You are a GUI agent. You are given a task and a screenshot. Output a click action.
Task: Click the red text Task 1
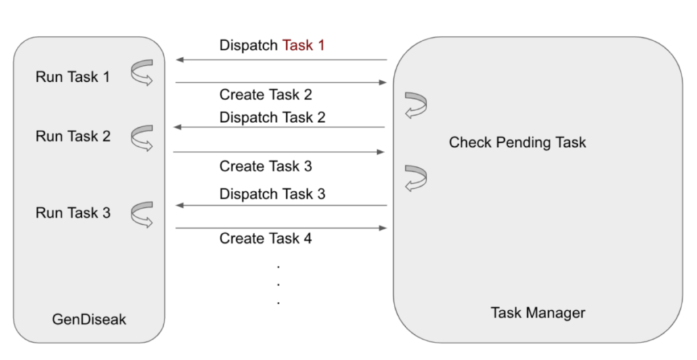[x=303, y=45]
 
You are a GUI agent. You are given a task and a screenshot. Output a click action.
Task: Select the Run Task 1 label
[x=72, y=76]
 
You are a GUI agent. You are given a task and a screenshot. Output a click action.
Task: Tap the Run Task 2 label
[x=72, y=136]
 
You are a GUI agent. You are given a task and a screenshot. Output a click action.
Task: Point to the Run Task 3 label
[x=72, y=212]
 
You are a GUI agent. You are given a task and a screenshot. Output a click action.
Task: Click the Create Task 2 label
[x=265, y=95]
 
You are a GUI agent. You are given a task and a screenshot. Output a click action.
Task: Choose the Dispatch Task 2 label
[x=272, y=117]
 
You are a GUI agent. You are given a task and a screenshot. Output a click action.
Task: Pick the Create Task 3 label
[x=265, y=166]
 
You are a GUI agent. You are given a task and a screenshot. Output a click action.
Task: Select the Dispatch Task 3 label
[x=272, y=194]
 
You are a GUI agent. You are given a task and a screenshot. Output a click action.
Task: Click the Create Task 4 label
[x=265, y=238]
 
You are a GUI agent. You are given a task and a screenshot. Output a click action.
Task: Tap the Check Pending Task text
[x=517, y=142]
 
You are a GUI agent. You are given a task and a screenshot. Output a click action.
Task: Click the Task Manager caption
[x=537, y=313]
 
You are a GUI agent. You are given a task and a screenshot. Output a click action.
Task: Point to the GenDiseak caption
[x=89, y=319]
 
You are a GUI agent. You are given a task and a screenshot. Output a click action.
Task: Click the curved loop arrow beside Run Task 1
[x=142, y=74]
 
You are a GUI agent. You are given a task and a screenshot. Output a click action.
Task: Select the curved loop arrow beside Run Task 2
[x=142, y=137]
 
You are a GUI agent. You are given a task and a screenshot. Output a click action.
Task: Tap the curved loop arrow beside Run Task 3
[x=142, y=215]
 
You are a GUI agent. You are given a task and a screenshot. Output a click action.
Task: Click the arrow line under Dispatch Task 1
[x=281, y=60]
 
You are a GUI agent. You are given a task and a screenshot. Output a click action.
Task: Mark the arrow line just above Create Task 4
[x=281, y=228]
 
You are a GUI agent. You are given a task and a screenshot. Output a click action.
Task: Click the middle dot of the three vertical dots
[x=278, y=284]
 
